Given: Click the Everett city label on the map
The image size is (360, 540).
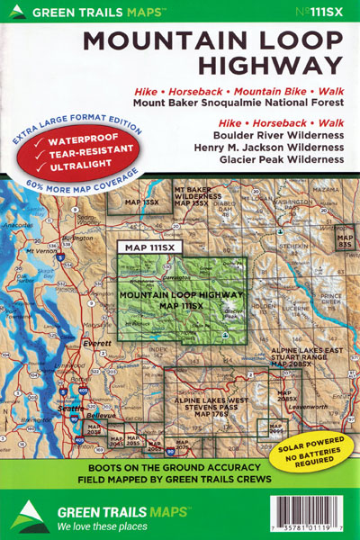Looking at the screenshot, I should coord(86,343).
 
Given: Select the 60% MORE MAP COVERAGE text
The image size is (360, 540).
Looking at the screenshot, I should coord(72,187).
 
